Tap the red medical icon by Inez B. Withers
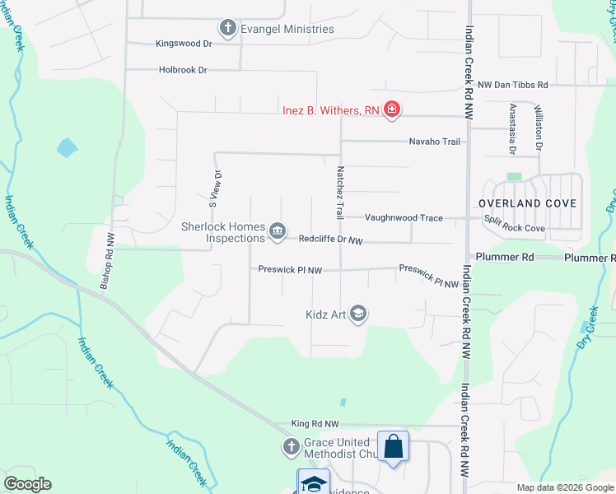point(392,110)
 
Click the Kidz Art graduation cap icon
point(358,313)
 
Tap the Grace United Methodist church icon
point(290,447)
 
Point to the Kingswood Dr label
point(184,44)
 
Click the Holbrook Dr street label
point(183,71)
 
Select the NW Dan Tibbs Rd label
point(512,85)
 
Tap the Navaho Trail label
point(434,142)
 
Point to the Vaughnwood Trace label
point(404,218)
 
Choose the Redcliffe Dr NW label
point(330,240)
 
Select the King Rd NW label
point(315,424)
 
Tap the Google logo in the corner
point(27,484)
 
